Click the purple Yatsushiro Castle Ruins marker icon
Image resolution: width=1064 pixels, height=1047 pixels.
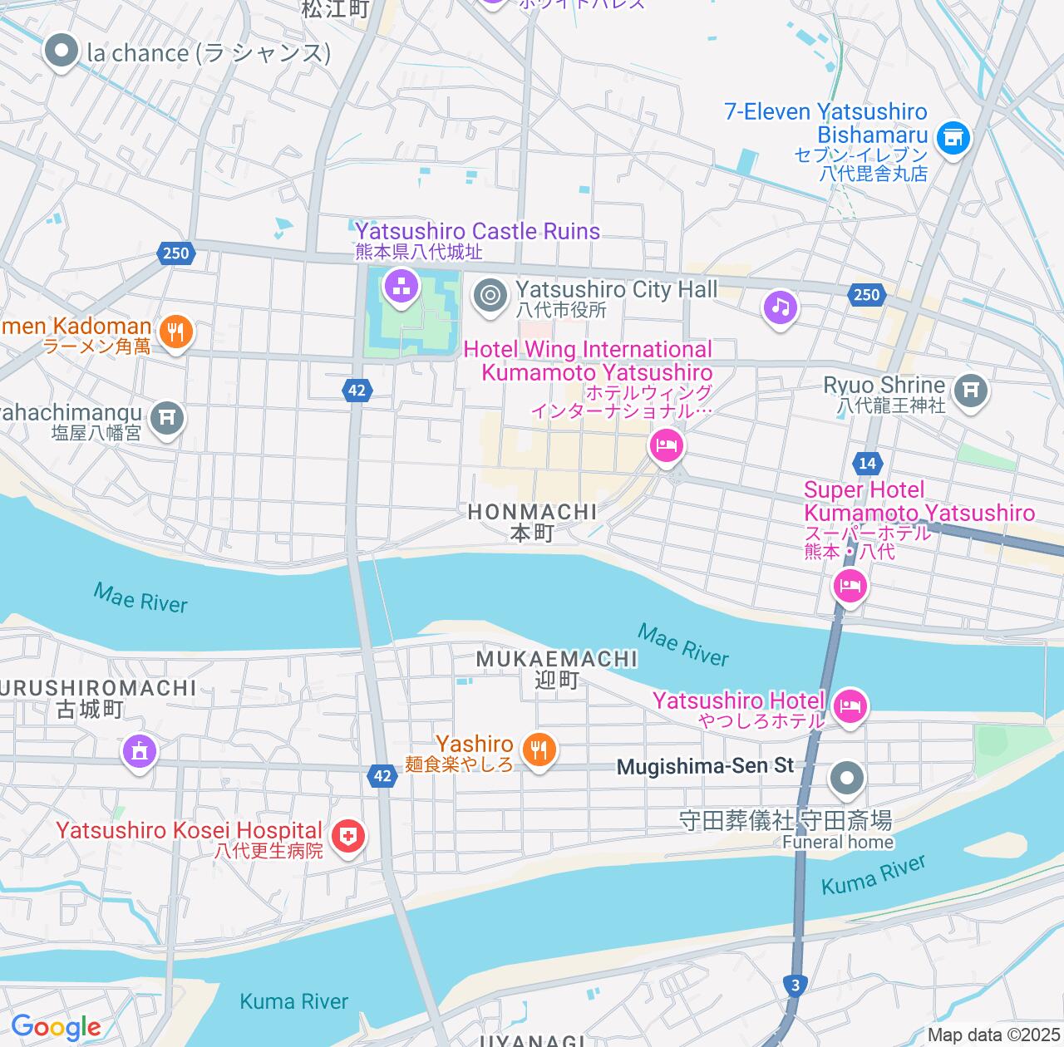pyautogui.click(x=401, y=288)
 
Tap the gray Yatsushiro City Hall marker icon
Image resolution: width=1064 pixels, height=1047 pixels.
pyautogui.click(x=490, y=295)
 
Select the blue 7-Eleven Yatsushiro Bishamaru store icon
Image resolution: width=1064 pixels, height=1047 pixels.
pyautogui.click(x=953, y=137)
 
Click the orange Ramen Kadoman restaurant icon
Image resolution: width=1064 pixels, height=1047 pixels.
pyautogui.click(x=175, y=332)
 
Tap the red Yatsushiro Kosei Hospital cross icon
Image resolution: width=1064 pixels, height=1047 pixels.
pyautogui.click(x=348, y=836)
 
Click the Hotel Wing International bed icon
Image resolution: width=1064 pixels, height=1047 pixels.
pyautogui.click(x=667, y=446)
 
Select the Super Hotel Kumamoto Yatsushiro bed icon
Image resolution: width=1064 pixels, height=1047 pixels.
pyautogui.click(x=850, y=587)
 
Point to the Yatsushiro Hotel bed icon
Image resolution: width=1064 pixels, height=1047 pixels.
pyautogui.click(x=850, y=707)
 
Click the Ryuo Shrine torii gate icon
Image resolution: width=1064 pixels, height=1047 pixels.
pyautogui.click(x=970, y=390)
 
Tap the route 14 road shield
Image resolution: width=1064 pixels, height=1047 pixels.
pyautogui.click(x=867, y=463)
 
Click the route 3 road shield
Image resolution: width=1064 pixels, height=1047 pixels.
pyautogui.click(x=796, y=985)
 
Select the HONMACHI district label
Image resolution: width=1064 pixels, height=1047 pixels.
pyautogui.click(x=532, y=512)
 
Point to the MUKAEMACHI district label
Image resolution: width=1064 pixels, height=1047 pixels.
pyautogui.click(x=557, y=659)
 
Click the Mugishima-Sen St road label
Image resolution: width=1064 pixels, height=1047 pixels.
pyautogui.click(x=705, y=766)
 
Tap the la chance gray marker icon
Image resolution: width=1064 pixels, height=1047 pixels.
pyautogui.click(x=61, y=52)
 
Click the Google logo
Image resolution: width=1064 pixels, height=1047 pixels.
pyautogui.click(x=56, y=1027)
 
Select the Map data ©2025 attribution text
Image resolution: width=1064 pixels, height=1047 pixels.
pyautogui.click(x=994, y=1035)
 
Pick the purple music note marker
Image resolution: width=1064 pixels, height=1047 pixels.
pyautogui.click(x=780, y=308)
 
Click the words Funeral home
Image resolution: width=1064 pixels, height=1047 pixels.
pyautogui.click(x=838, y=842)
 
